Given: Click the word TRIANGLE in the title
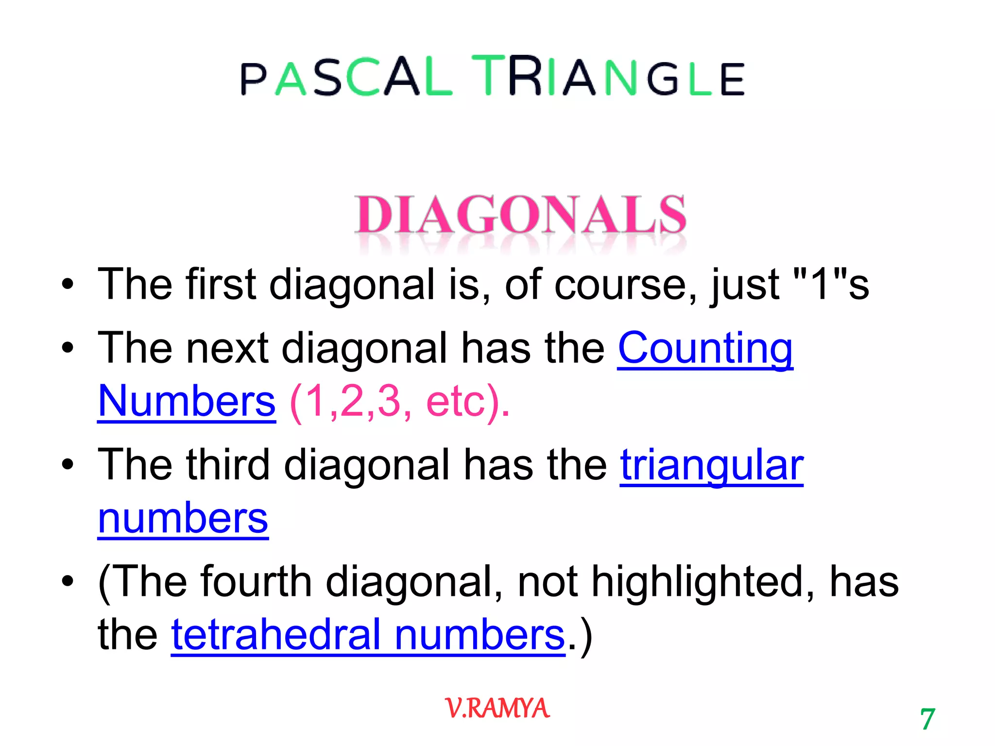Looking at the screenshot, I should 608,77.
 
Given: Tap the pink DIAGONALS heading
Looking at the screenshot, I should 520,215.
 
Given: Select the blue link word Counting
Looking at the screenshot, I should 705,349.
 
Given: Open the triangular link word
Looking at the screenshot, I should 712,465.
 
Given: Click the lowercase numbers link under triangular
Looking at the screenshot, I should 183,519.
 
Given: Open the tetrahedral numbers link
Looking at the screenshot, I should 368,635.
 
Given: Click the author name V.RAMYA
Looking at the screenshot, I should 497,708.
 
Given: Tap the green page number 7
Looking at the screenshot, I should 927,719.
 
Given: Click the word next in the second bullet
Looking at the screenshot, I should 227,349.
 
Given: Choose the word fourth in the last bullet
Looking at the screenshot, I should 256,582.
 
